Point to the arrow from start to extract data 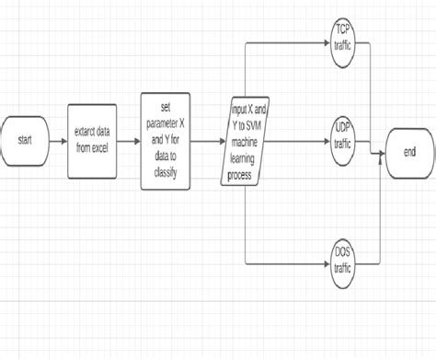point(58,141)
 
